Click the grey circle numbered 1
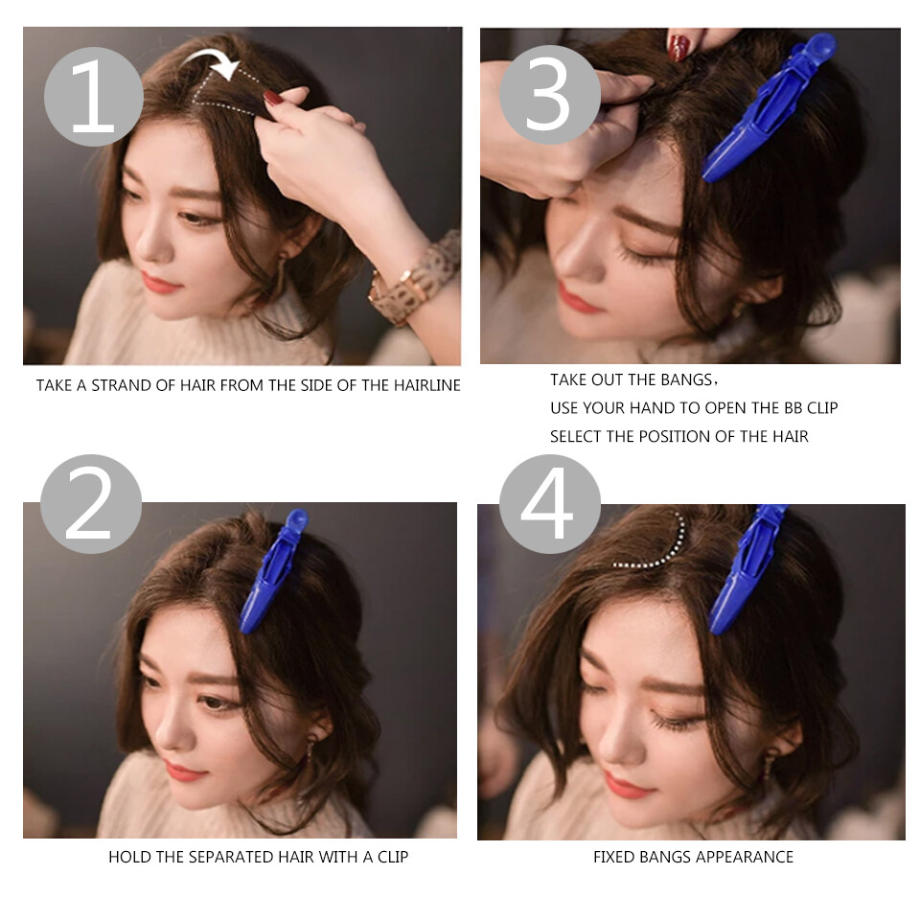pyautogui.click(x=93, y=96)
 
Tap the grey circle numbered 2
pyautogui.click(x=91, y=504)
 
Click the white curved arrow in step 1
pyautogui.click(x=213, y=64)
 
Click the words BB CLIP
pyautogui.click(x=803, y=408)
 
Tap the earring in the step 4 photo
pyautogui.click(x=770, y=767)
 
